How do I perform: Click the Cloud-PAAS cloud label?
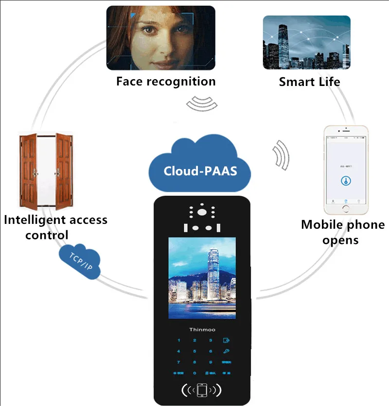pos(200,171)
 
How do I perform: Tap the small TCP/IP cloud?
pos(80,263)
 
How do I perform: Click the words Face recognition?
pos(165,81)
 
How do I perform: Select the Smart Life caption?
pos(309,82)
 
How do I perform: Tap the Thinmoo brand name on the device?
pos(202,329)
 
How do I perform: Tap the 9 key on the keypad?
pos(211,362)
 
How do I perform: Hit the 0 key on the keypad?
pos(194,372)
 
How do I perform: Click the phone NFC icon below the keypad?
pos(201,389)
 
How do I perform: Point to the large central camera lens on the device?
pos(201,212)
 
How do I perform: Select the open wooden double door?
pos(46,169)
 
